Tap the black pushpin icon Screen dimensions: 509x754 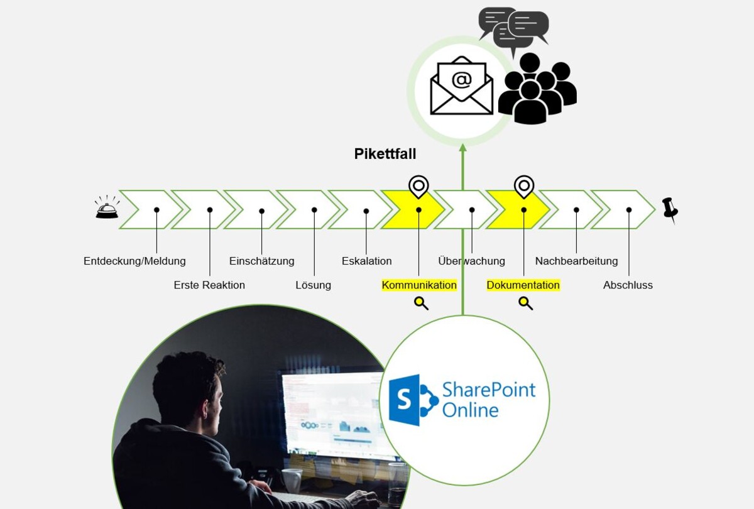(x=670, y=209)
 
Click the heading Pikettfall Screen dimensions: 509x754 (x=385, y=154)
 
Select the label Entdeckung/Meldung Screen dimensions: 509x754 (x=134, y=261)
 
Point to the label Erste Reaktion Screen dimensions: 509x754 (x=209, y=285)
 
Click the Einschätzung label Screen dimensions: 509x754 (x=261, y=261)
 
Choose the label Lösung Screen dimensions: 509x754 (x=313, y=285)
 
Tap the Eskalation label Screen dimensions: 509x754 (x=366, y=261)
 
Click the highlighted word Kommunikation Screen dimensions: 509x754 (x=419, y=285)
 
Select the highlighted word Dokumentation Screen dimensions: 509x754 (x=523, y=285)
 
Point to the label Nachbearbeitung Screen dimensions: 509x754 (x=576, y=261)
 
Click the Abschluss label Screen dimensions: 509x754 (x=628, y=285)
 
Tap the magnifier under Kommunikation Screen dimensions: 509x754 (x=421, y=304)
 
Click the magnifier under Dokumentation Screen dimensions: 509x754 (x=525, y=304)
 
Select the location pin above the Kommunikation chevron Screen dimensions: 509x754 (x=418, y=186)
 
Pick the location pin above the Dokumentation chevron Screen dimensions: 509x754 (x=523, y=186)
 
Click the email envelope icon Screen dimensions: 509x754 (x=461, y=86)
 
